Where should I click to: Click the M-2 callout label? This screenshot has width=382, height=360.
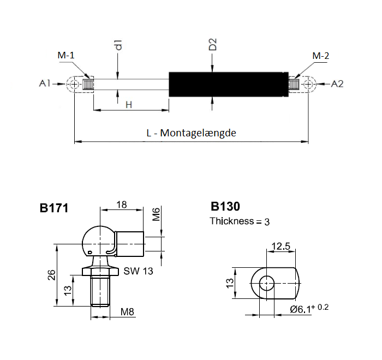pyautogui.click(x=320, y=56)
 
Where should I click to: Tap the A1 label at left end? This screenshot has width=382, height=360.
pyautogui.click(x=45, y=83)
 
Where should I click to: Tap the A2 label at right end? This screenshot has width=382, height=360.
pyautogui.click(x=337, y=83)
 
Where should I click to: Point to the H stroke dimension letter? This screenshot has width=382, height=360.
pyautogui.click(x=129, y=104)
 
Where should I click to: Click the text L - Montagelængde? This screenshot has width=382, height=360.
pyautogui.click(x=191, y=133)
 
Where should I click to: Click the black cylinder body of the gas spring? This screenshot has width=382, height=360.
pyautogui.click(x=226, y=85)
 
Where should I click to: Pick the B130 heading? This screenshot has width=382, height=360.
pyautogui.click(x=225, y=207)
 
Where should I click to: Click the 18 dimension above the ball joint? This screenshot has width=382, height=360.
pyautogui.click(x=122, y=205)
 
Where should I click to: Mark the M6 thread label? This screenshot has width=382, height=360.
pyautogui.click(x=156, y=214)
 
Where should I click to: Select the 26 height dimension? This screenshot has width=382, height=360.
pyautogui.click(x=50, y=275)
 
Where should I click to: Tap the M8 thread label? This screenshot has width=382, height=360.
pyautogui.click(x=127, y=312)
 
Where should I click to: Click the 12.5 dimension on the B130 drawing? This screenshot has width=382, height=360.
pyautogui.click(x=280, y=247)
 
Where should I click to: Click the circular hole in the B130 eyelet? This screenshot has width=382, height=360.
pyautogui.click(x=267, y=283)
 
